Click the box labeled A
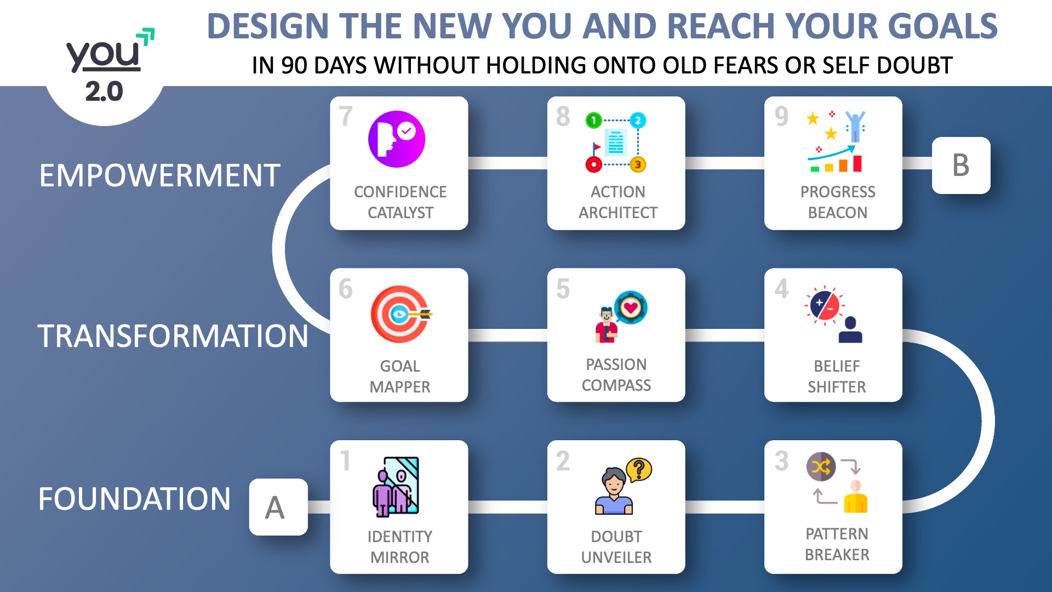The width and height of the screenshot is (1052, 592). pyautogui.click(x=278, y=507)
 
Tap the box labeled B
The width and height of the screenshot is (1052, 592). pyautogui.click(x=961, y=166)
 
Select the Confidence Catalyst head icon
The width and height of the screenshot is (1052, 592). pyautogui.click(x=396, y=139)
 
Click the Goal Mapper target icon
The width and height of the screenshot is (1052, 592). pyautogui.click(x=401, y=314)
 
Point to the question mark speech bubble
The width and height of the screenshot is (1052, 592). pyautogui.click(x=639, y=470)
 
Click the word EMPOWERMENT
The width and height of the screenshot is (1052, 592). pyautogui.click(x=159, y=175)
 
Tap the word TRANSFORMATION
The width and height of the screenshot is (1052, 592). pyautogui.click(x=173, y=336)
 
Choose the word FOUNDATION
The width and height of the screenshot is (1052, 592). pyautogui.click(x=134, y=499)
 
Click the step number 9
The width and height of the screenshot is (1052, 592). pyautogui.click(x=781, y=116)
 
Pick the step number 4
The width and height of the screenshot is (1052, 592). pyautogui.click(x=781, y=289)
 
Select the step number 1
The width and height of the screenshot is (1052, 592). pyautogui.click(x=345, y=461)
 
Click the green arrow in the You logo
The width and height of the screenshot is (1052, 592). pyautogui.click(x=146, y=37)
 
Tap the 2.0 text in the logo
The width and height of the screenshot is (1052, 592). pyautogui.click(x=104, y=91)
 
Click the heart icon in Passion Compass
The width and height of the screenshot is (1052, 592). pyautogui.click(x=631, y=308)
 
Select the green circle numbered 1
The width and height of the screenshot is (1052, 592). pyautogui.click(x=593, y=120)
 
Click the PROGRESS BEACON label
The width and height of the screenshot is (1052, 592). pyautogui.click(x=838, y=202)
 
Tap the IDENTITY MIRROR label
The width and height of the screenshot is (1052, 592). pyautogui.click(x=400, y=547)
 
